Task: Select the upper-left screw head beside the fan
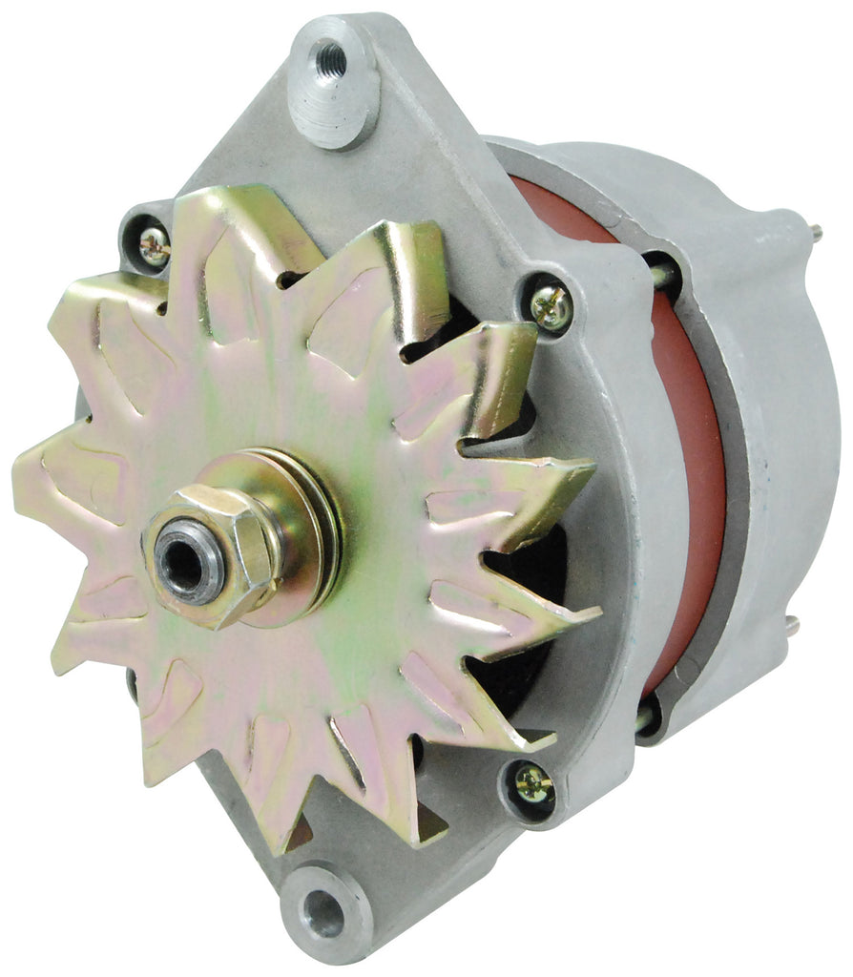[x=154, y=246]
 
